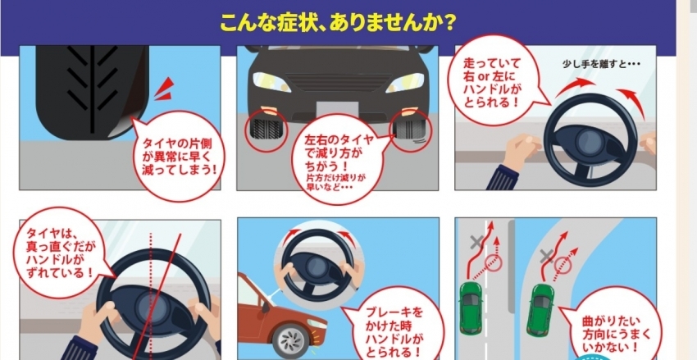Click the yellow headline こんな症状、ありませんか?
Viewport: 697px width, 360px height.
(x=338, y=22)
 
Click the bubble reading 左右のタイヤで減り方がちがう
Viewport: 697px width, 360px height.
(x=338, y=160)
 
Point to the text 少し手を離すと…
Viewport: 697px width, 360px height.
(x=601, y=64)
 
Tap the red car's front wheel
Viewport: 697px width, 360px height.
(x=291, y=341)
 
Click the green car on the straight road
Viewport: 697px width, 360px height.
(x=471, y=308)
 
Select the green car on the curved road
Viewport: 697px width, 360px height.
(x=540, y=310)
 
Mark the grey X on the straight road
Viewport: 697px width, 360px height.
(x=477, y=242)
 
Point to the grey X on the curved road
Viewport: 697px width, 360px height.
(x=546, y=257)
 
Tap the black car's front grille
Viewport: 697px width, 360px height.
(x=338, y=83)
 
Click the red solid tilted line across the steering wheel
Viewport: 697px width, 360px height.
(x=157, y=296)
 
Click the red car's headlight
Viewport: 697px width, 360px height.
(x=317, y=324)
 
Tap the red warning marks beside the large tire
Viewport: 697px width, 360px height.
(x=165, y=89)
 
